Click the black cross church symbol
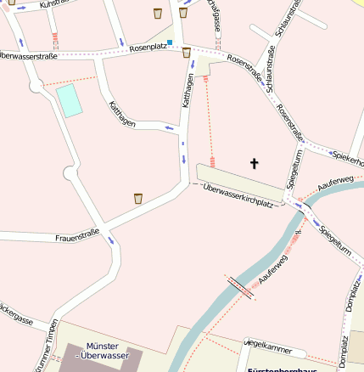(253, 162)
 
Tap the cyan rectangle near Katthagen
(69, 100)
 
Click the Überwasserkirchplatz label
(239, 194)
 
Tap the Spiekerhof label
(349, 159)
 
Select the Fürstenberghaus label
(281, 369)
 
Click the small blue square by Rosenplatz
(170, 42)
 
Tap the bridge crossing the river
(240, 286)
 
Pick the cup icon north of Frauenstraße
(137, 199)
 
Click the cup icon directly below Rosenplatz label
(187, 54)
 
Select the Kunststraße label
(56, 4)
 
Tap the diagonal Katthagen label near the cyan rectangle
(122, 115)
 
